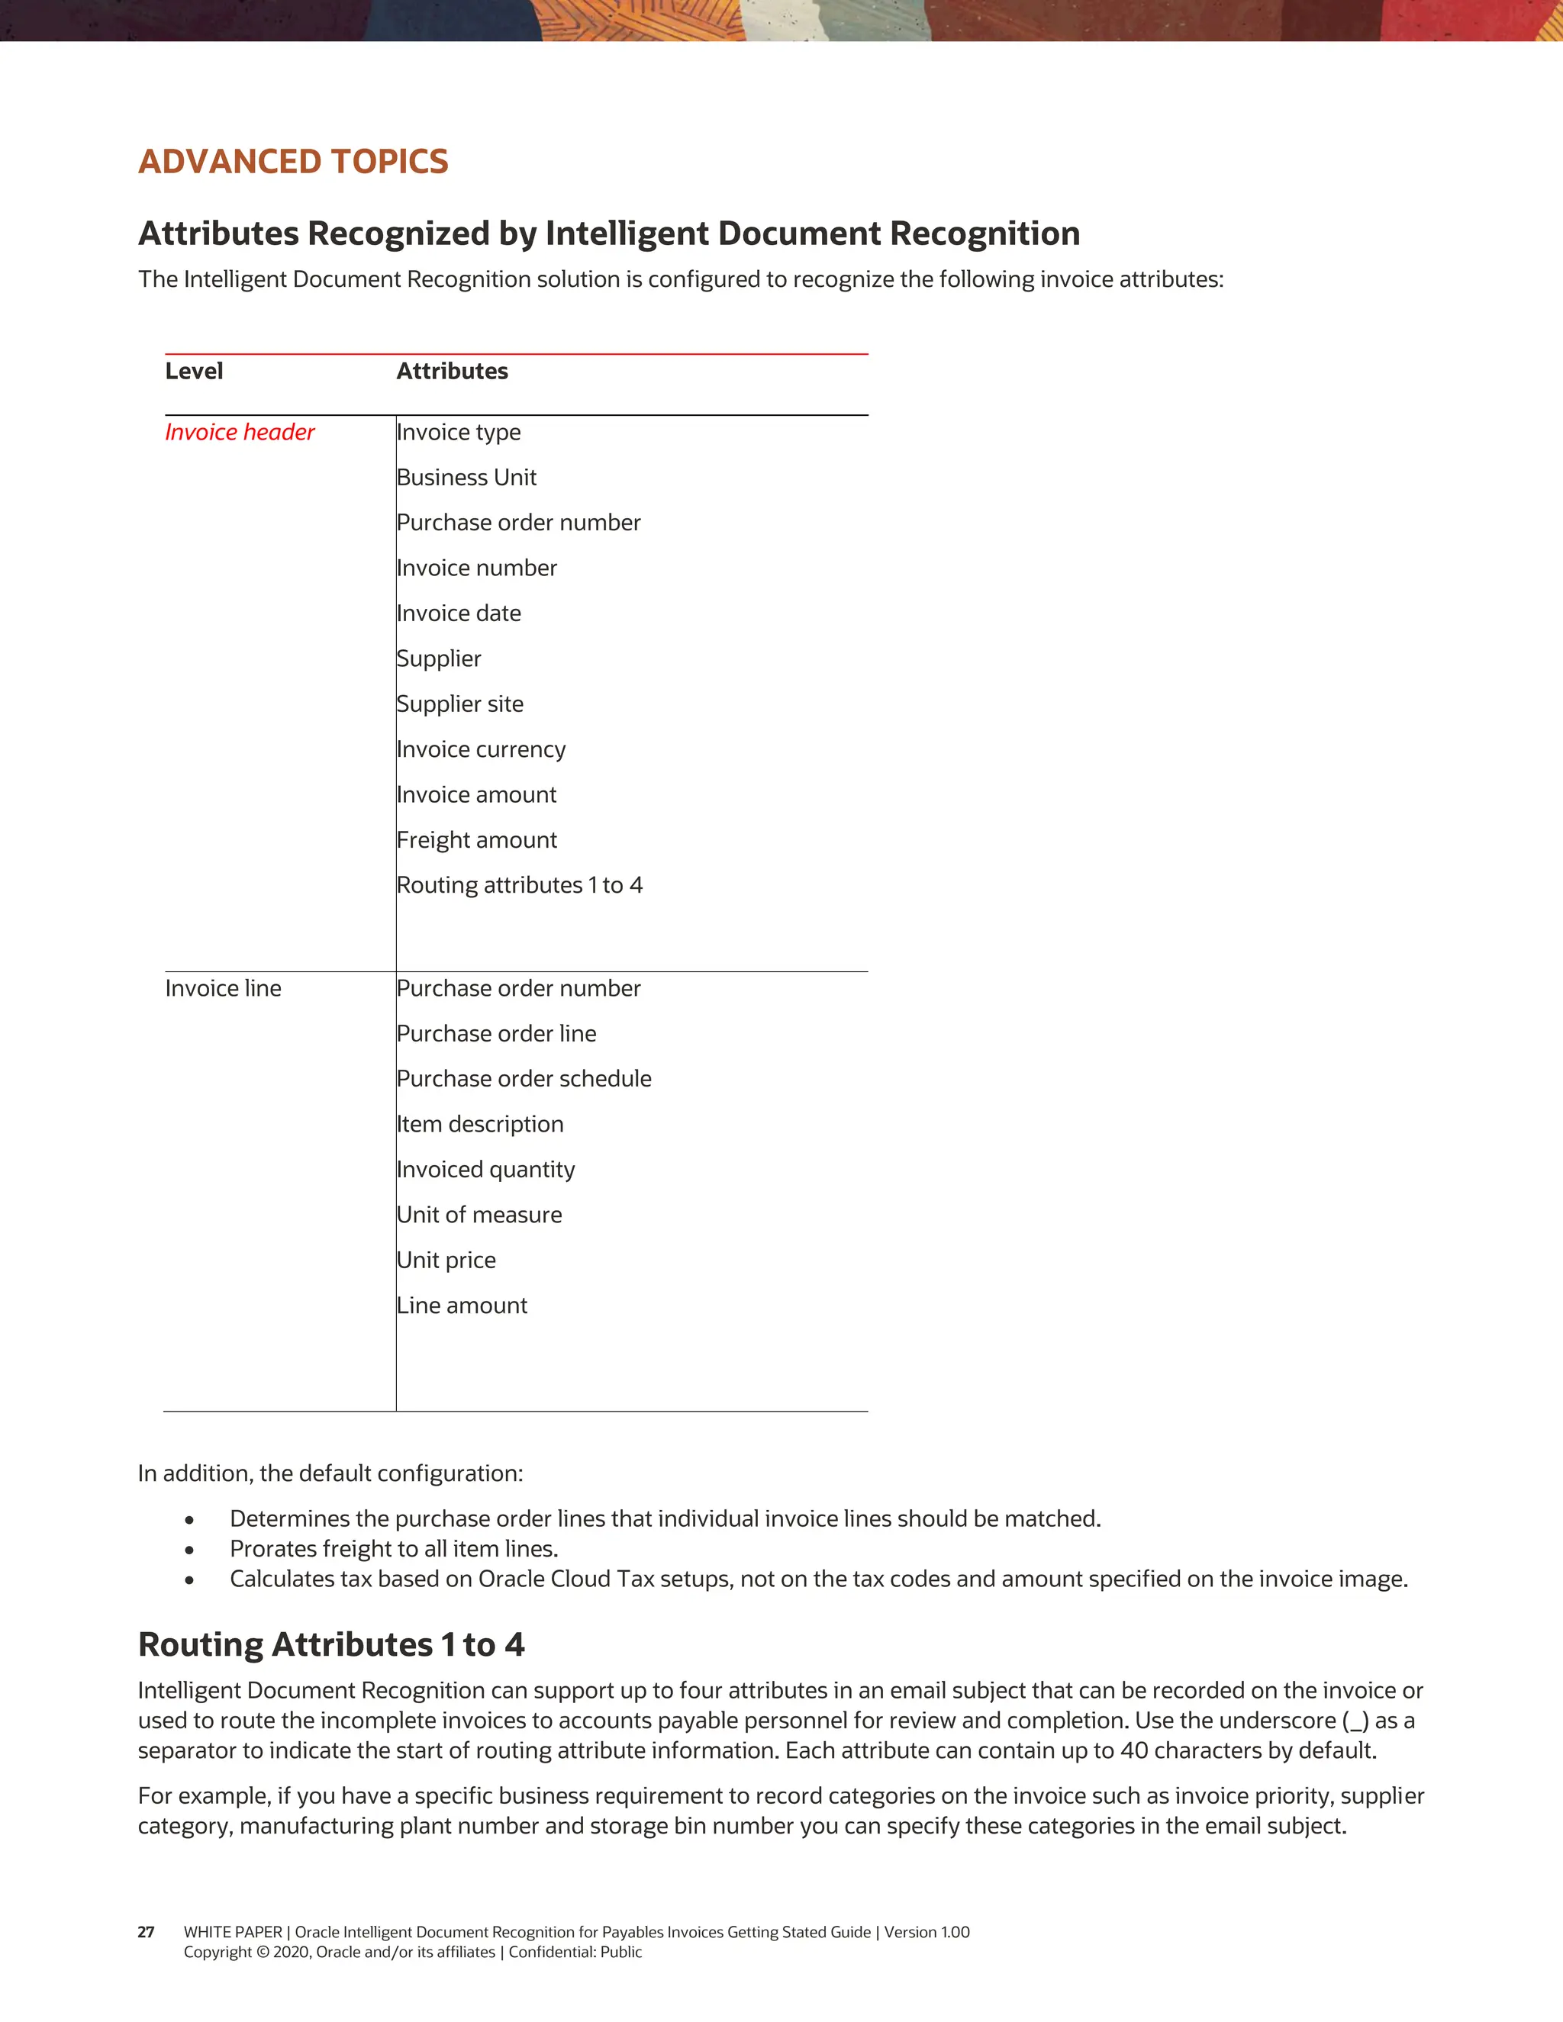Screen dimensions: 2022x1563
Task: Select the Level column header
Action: (x=194, y=372)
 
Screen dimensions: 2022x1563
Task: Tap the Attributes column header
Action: (x=452, y=372)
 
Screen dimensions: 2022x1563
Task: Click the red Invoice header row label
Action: (x=240, y=433)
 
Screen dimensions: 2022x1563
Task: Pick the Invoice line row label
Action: (x=223, y=989)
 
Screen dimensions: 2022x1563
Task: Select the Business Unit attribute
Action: (x=466, y=478)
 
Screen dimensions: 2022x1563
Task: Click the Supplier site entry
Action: (x=460, y=704)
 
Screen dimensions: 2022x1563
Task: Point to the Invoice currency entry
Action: (x=481, y=750)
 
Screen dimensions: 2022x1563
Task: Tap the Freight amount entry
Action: (x=477, y=841)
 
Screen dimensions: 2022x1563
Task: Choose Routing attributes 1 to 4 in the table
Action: (x=520, y=886)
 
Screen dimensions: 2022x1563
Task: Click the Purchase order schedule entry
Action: (x=524, y=1080)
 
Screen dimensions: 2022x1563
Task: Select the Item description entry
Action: (x=479, y=1125)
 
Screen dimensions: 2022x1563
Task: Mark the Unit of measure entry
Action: (x=479, y=1215)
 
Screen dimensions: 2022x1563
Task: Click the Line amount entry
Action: (x=462, y=1306)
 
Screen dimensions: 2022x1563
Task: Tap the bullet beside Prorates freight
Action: (x=189, y=1550)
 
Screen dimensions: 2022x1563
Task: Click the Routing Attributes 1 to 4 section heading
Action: (x=330, y=1645)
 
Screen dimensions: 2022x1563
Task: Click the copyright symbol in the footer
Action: (x=262, y=1953)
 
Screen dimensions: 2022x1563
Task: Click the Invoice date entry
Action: (x=459, y=613)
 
